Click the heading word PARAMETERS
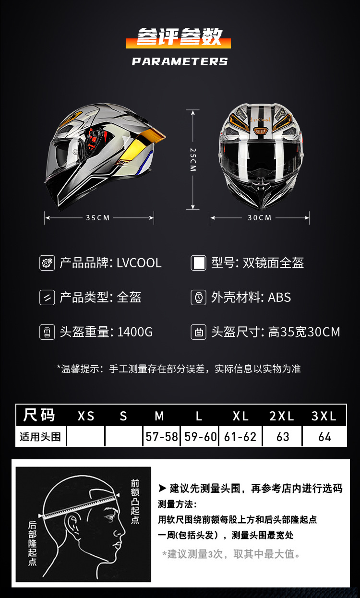coord(180,61)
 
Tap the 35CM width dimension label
coord(98,218)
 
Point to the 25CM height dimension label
coord(192,160)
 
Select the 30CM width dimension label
coord(260,218)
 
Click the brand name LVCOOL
coord(139,263)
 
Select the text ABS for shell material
coord(279,298)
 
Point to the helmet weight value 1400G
coord(135,332)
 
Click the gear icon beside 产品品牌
coord(47,263)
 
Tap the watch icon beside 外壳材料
coord(198,298)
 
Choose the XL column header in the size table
coord(240,416)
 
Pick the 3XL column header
coord(324,416)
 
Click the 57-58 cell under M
coord(162,437)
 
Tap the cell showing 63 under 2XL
coord(283,437)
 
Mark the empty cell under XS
coord(85,437)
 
